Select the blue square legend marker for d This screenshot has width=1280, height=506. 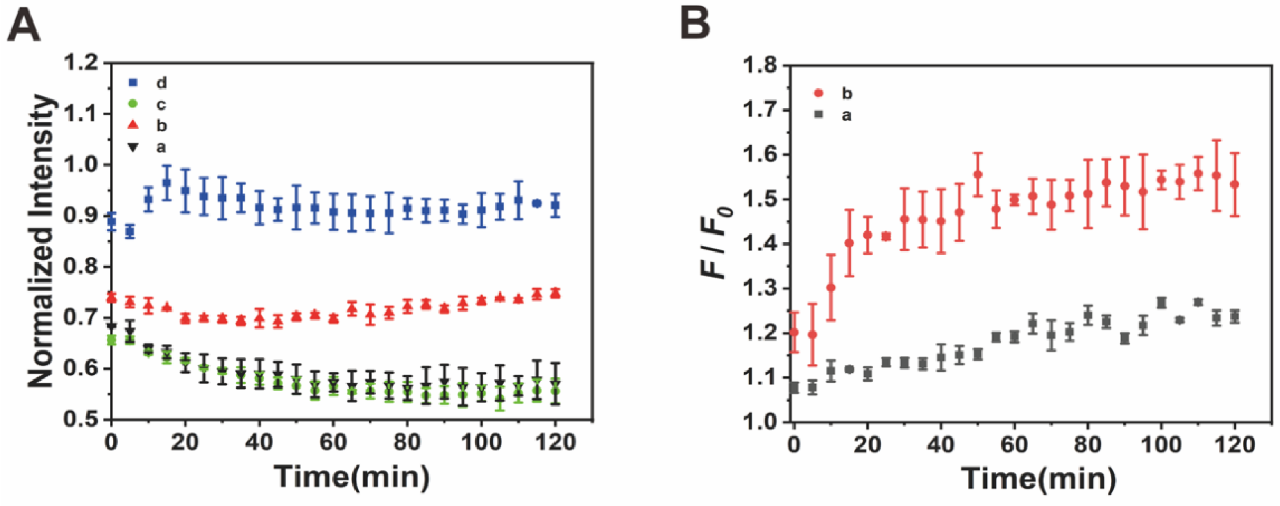(x=133, y=83)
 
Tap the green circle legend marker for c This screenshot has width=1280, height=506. (x=133, y=104)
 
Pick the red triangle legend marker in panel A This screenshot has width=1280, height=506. (x=133, y=125)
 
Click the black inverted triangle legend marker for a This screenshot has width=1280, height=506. (x=133, y=147)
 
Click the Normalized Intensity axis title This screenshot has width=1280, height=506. (x=41, y=242)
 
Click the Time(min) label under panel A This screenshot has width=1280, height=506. (x=352, y=476)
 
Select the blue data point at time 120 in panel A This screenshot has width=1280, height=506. (x=556, y=205)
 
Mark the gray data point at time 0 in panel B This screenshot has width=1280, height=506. (x=794, y=388)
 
